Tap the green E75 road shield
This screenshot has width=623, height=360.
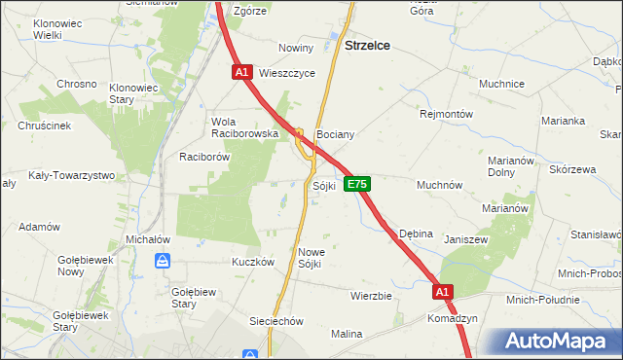(x=356, y=184)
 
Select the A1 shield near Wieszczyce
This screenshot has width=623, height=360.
(x=242, y=72)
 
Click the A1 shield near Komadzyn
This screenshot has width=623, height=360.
(x=443, y=291)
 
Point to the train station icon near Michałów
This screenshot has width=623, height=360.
(x=164, y=260)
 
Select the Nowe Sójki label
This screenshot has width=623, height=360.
(x=310, y=258)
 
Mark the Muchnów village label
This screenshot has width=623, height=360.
(x=439, y=185)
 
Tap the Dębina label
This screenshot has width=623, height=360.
(x=419, y=234)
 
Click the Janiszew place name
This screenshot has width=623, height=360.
(x=465, y=239)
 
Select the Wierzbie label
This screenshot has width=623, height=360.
(x=371, y=295)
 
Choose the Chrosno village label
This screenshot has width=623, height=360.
(x=77, y=85)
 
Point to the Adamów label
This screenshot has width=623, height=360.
(x=40, y=227)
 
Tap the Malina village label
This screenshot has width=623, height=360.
(x=346, y=334)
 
